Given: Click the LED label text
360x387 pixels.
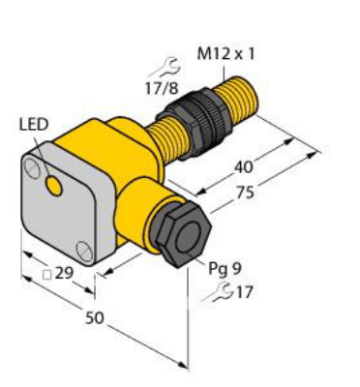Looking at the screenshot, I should point(34,125).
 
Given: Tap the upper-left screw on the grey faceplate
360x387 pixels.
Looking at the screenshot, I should point(35,170).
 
